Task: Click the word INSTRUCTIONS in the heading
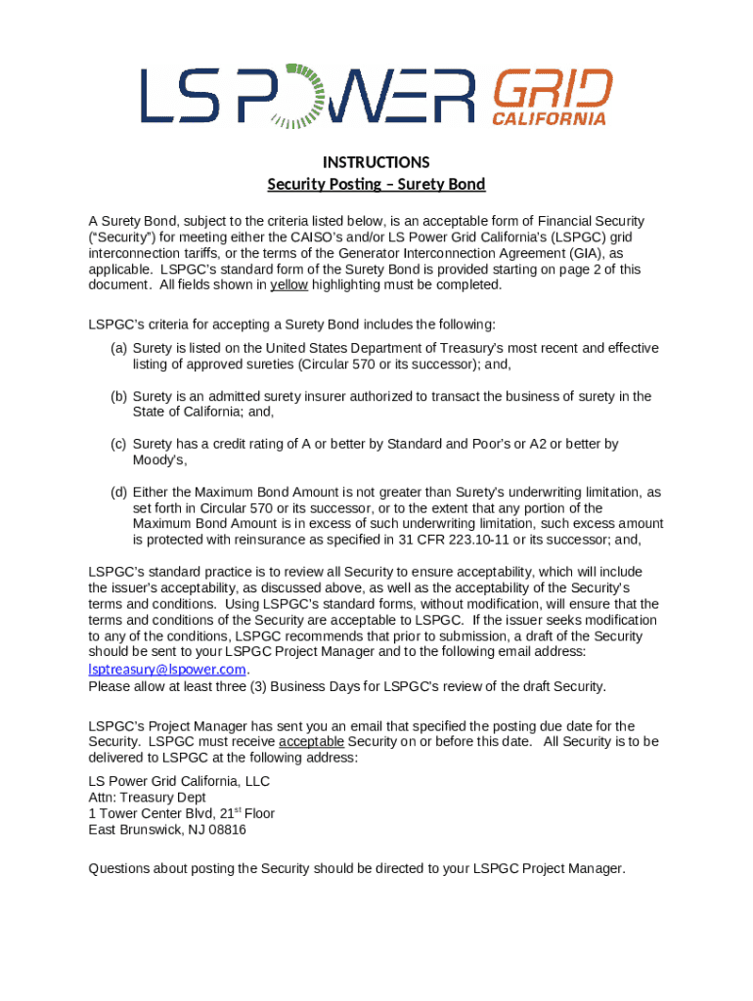(376, 162)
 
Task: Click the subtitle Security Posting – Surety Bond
(376, 185)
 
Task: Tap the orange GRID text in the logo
(552, 89)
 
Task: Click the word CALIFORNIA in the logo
(548, 119)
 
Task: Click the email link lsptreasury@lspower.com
(167, 670)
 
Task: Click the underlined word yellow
(288, 285)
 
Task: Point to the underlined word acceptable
(311, 742)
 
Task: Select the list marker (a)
(118, 349)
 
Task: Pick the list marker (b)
(118, 397)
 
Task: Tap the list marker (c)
(118, 445)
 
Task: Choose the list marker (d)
(118, 493)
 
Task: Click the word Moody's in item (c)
(158, 460)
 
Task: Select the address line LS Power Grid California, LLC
(179, 782)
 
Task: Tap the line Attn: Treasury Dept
(147, 798)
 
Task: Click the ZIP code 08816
(226, 830)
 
